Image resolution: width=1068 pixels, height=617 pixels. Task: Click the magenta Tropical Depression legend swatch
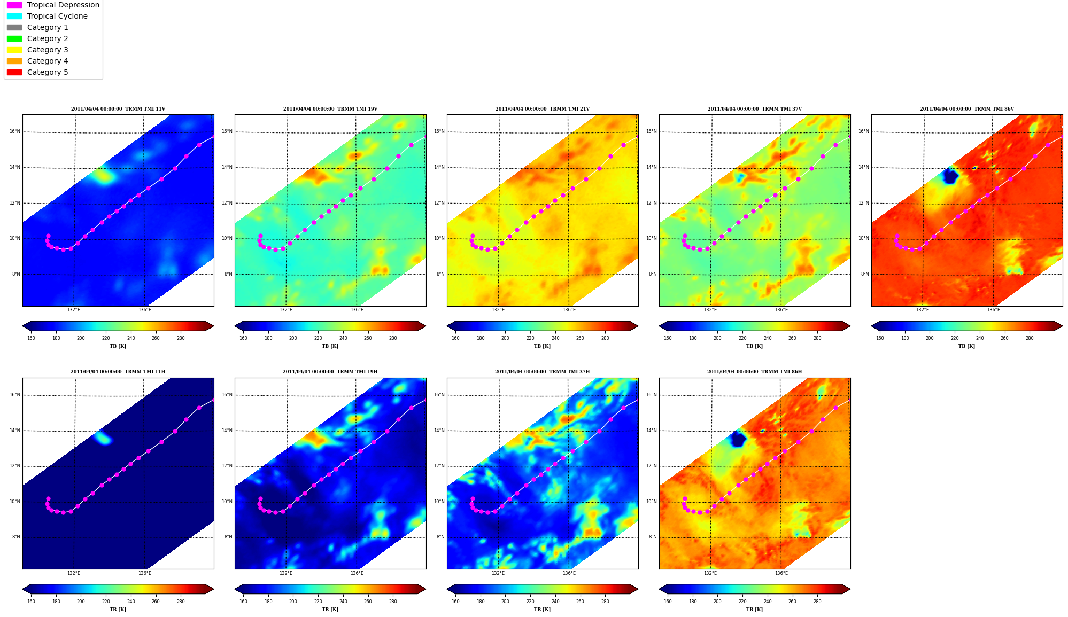pos(14,5)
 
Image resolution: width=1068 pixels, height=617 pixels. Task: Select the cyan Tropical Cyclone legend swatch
pos(14,16)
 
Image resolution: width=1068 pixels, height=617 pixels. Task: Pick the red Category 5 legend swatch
pos(14,72)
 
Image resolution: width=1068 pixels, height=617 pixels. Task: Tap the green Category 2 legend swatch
pos(14,38)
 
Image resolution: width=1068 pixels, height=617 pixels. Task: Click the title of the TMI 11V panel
pos(118,109)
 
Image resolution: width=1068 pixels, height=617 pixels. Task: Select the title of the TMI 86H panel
pos(754,372)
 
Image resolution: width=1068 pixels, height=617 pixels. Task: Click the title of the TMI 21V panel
pos(542,109)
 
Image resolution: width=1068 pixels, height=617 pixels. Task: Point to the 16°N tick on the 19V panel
pos(227,131)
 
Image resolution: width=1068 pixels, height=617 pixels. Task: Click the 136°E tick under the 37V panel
pos(781,310)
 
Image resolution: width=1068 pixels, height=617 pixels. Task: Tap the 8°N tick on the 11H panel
pos(16,537)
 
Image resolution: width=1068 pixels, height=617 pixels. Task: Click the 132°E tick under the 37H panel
pos(498,573)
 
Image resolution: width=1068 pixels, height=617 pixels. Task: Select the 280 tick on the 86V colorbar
pos(1030,338)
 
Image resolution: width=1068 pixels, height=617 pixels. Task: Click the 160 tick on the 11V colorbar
pos(31,338)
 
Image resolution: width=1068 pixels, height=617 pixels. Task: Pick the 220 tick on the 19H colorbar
pos(318,602)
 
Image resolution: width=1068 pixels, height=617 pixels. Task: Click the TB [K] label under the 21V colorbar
pos(542,346)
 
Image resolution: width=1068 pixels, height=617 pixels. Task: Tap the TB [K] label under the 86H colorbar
pos(754,610)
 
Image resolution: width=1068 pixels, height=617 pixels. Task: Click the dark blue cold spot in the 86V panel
pos(950,176)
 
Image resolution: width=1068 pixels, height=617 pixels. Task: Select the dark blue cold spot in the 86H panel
pos(738,439)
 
